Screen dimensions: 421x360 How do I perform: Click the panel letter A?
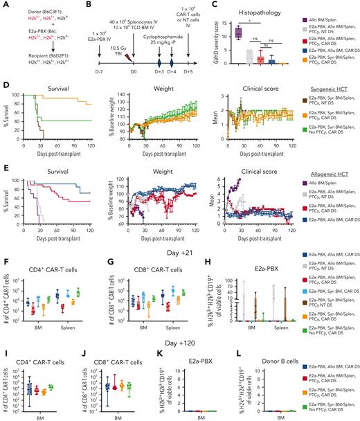pyautogui.click(x=4, y=5)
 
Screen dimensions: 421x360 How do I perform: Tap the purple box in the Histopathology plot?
pyautogui.click(x=219, y=31)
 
